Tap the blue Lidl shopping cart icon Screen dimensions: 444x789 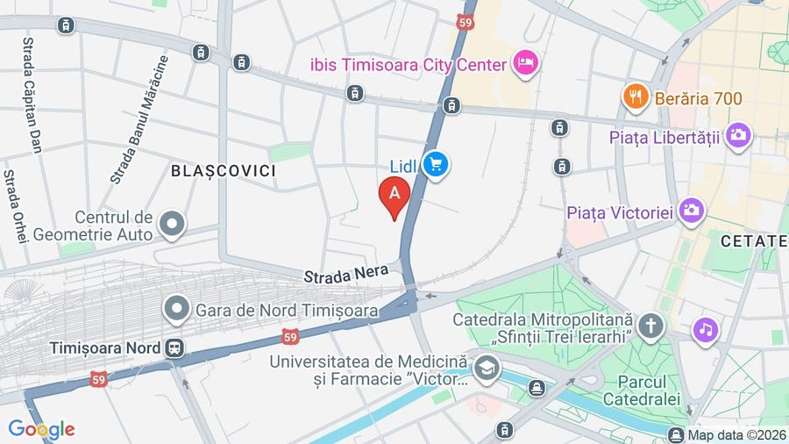(x=436, y=164)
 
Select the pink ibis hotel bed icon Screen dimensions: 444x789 (x=526, y=63)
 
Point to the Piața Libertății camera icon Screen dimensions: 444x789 (x=738, y=136)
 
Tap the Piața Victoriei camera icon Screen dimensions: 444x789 (x=692, y=211)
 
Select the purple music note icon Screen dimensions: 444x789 (x=705, y=330)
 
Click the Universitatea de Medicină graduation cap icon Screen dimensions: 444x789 (x=487, y=369)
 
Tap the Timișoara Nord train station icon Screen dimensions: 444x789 (x=175, y=347)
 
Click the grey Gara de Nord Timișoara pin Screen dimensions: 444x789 (x=177, y=309)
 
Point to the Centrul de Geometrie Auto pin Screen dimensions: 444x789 (x=173, y=224)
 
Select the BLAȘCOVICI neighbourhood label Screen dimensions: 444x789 (x=223, y=170)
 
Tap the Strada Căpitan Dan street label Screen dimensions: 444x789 (x=32, y=96)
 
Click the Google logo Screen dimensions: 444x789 (x=41, y=429)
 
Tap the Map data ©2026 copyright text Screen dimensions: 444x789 (x=735, y=434)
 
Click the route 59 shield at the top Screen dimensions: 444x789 (x=465, y=20)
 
